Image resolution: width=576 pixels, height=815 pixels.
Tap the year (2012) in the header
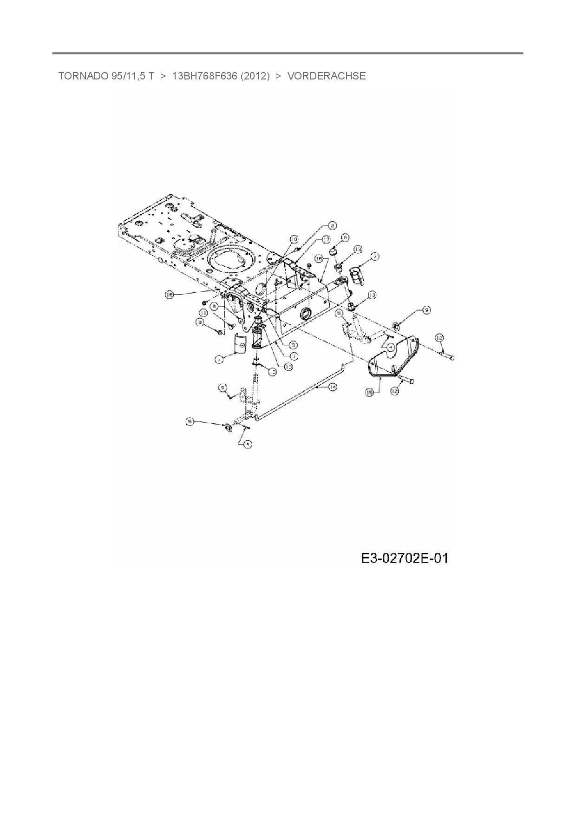click(x=255, y=76)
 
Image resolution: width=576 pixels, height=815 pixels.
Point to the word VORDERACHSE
click(x=327, y=76)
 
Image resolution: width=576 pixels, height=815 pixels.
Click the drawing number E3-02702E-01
click(x=405, y=558)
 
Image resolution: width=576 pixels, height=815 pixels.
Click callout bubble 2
click(x=332, y=226)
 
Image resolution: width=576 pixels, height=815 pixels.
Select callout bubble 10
click(x=294, y=239)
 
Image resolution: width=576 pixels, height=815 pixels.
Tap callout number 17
click(x=326, y=239)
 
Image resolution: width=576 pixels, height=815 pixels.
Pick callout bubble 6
click(x=345, y=237)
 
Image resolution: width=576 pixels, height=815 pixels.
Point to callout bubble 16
click(x=170, y=295)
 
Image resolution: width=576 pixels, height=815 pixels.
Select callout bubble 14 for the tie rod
click(x=332, y=387)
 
